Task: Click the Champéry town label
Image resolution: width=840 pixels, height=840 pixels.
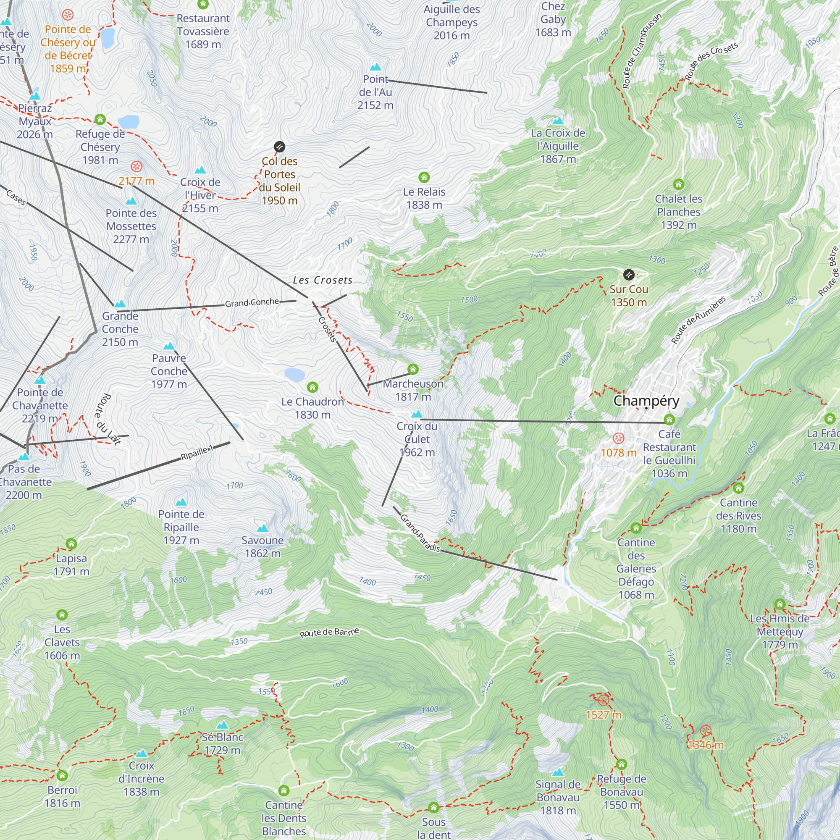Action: click(x=646, y=400)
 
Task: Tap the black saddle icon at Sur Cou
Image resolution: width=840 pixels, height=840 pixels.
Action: click(x=629, y=275)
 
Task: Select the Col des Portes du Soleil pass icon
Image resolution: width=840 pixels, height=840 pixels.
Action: click(x=279, y=147)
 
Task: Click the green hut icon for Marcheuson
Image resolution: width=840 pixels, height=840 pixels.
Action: click(x=412, y=370)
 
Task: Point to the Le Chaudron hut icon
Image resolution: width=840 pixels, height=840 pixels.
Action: click(x=312, y=387)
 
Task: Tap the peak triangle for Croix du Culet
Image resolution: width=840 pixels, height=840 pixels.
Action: click(x=417, y=413)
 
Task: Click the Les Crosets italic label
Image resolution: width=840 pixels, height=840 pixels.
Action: click(x=323, y=280)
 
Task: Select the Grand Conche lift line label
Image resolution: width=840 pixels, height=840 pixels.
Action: click(x=252, y=302)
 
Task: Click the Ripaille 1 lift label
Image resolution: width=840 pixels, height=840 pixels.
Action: click(x=197, y=453)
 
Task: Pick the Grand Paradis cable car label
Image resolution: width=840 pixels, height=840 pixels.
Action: click(x=420, y=533)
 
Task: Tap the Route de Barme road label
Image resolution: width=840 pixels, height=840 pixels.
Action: click(x=329, y=632)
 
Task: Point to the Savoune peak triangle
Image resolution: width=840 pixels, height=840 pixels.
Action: click(x=262, y=528)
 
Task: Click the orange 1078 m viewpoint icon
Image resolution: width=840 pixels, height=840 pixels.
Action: click(x=618, y=438)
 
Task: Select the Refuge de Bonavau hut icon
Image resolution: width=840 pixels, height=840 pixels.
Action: click(x=621, y=764)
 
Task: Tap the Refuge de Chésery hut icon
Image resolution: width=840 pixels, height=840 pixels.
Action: click(x=100, y=119)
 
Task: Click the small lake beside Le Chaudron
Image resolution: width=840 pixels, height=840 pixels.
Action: click(x=294, y=374)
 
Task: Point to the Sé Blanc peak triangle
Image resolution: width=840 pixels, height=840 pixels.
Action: click(x=222, y=725)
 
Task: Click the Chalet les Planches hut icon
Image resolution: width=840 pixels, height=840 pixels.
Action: click(x=678, y=184)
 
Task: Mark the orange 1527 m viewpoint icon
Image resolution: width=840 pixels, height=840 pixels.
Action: click(x=603, y=700)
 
